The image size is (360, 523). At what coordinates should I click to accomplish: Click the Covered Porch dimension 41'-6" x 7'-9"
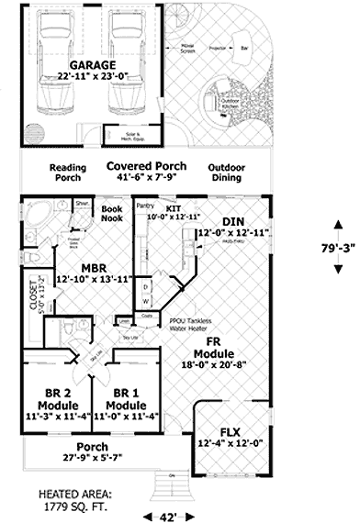click(x=147, y=180)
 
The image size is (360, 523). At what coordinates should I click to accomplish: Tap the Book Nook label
click(x=111, y=215)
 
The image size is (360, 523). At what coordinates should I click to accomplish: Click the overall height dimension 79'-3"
click(x=335, y=247)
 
